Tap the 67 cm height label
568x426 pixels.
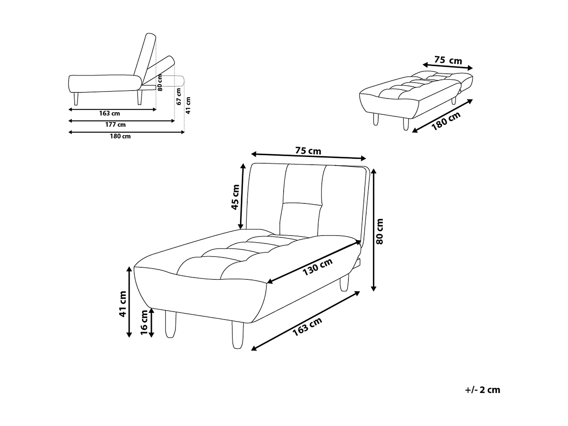point(179,97)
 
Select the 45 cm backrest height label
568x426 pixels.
point(236,197)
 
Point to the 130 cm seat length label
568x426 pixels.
point(317,267)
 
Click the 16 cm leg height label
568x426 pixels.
point(144,322)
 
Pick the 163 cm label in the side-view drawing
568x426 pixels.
point(110,113)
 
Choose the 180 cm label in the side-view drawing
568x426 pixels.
point(120,136)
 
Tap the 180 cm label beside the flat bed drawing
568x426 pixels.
point(446,121)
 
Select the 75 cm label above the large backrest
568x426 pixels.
point(308,151)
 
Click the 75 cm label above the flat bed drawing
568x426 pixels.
point(448,60)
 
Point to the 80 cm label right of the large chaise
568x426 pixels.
point(380,231)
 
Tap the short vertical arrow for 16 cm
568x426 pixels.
point(152,322)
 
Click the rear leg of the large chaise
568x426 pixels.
point(344,283)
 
